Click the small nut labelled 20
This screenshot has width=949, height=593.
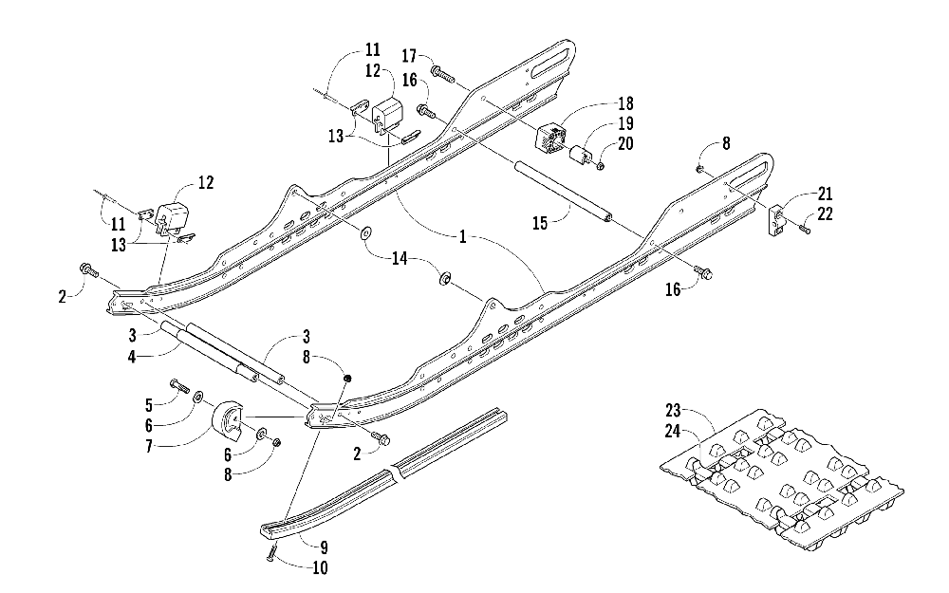601,167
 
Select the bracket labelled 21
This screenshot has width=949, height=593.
774,219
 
